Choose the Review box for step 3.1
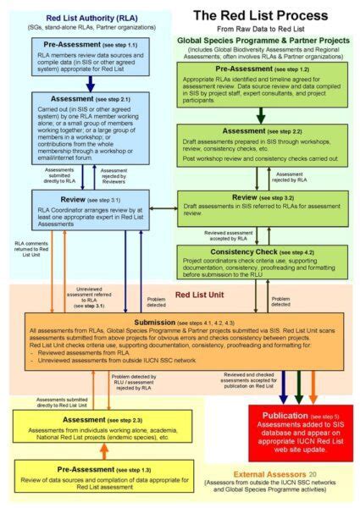81,212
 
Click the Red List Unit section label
200,297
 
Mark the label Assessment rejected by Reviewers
114,176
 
